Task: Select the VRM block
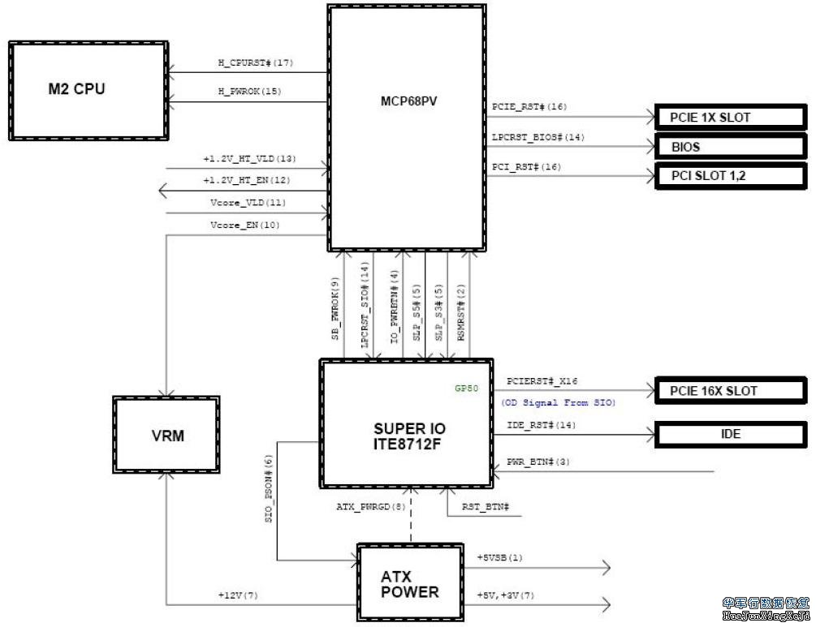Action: [x=166, y=436]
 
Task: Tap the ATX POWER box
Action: [x=410, y=584]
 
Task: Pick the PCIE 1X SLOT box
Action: [x=731, y=118]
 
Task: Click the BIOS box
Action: [x=731, y=148]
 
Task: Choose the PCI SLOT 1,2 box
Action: [x=731, y=175]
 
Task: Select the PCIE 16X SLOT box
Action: [x=731, y=391]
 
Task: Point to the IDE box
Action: [x=731, y=434]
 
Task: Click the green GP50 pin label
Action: [x=466, y=389]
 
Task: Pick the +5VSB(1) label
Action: [x=499, y=557]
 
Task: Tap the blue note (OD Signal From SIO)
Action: [x=559, y=403]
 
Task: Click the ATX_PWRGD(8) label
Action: [x=371, y=507]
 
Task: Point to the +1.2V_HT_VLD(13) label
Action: [x=248, y=158]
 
